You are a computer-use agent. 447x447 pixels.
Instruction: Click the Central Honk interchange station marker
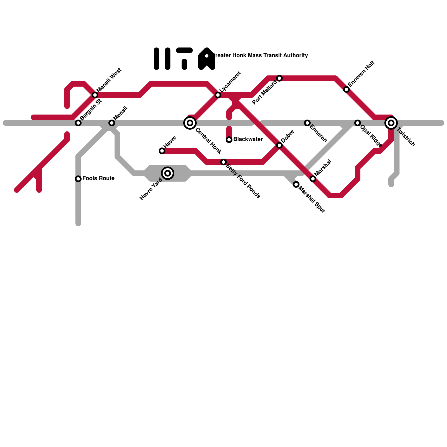tap(190, 123)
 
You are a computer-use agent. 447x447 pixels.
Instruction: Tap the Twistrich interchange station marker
tap(391, 123)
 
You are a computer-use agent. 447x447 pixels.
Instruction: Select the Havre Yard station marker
tap(168, 173)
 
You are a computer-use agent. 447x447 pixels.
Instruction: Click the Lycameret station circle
tap(218, 95)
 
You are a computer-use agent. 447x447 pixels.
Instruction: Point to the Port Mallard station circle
tap(279, 78)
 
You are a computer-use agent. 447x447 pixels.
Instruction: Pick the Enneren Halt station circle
tap(346, 89)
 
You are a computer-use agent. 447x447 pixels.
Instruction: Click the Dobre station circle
tap(279, 145)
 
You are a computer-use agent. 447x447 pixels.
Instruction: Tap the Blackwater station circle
tap(229, 140)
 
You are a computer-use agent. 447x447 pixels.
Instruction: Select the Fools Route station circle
tap(78, 179)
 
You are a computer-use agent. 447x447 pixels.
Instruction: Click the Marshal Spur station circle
tap(296, 184)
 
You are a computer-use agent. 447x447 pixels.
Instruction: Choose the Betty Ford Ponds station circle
tap(223, 162)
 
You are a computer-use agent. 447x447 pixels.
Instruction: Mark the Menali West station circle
tap(95, 95)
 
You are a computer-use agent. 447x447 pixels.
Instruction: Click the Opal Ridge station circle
tap(358, 123)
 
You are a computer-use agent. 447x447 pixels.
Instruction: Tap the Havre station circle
tap(162, 151)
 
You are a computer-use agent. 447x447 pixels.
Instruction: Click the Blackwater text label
tap(248, 139)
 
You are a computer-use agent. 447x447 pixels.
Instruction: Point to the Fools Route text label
tap(99, 178)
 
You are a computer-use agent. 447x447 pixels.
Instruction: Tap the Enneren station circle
tap(307, 123)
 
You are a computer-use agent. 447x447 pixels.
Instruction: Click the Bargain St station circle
tap(78, 123)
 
